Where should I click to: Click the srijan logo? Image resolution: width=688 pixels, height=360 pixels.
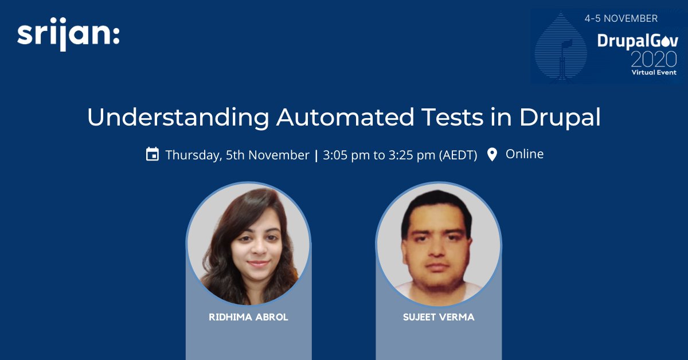pyautogui.click(x=68, y=36)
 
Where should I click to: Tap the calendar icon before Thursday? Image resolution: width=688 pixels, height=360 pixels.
pyautogui.click(x=152, y=154)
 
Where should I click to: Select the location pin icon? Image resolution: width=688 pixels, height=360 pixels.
pyautogui.click(x=492, y=154)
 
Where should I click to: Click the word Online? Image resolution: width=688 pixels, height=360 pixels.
pyautogui.click(x=524, y=154)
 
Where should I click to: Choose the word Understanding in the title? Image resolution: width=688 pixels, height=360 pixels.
pyautogui.click(x=178, y=118)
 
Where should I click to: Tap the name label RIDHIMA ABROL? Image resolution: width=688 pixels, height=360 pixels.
pyautogui.click(x=248, y=317)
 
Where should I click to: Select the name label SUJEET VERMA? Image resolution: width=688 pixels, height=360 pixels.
pyautogui.click(x=439, y=317)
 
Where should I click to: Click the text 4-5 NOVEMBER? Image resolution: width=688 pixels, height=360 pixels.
pyautogui.click(x=621, y=18)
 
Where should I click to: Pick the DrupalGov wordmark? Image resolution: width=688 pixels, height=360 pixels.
pyautogui.click(x=637, y=41)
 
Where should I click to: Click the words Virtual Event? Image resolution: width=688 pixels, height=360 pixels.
pyautogui.click(x=654, y=72)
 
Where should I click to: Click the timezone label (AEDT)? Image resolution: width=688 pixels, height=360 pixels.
pyautogui.click(x=458, y=155)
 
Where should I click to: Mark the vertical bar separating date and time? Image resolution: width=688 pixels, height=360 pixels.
pyautogui.click(x=316, y=155)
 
